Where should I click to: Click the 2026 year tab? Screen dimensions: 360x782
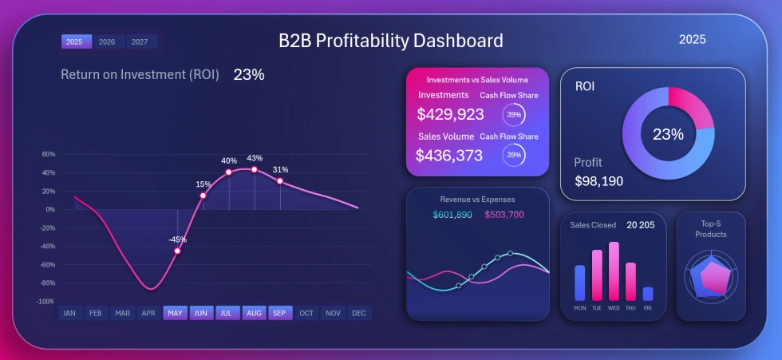(x=107, y=42)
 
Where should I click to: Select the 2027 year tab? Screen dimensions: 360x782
(x=140, y=42)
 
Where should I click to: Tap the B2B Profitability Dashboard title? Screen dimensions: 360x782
(x=390, y=41)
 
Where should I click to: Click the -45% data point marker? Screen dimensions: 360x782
(x=177, y=251)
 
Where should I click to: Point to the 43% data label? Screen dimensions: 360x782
(x=255, y=158)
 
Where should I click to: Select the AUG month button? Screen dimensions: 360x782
(x=254, y=314)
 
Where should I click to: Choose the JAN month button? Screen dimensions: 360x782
(x=69, y=314)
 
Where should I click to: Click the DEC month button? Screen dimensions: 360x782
(x=358, y=314)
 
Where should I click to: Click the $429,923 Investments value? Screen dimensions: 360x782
(x=450, y=114)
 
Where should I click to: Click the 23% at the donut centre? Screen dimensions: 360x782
(x=668, y=134)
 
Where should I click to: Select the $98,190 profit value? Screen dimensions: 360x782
(x=598, y=181)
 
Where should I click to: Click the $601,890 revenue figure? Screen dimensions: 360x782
(x=452, y=215)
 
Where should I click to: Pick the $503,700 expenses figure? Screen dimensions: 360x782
(x=504, y=215)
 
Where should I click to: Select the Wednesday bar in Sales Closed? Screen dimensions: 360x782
(x=614, y=271)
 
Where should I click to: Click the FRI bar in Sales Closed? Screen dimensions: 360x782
(x=647, y=294)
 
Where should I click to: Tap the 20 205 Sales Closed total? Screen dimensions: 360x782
(x=640, y=225)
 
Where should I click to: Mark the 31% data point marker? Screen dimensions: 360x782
(x=280, y=181)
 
